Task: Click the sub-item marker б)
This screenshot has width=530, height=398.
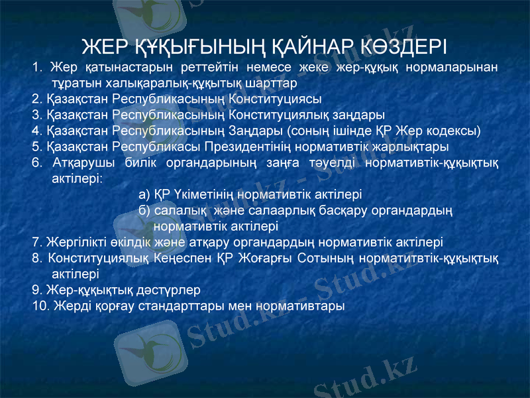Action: click(144, 211)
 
